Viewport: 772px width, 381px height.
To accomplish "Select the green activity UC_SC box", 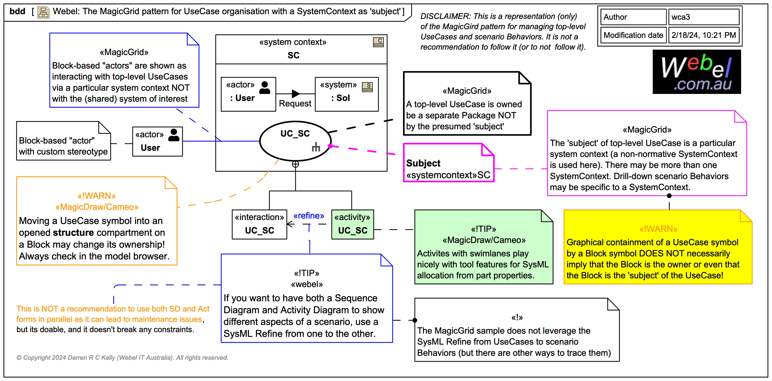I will coord(352,224).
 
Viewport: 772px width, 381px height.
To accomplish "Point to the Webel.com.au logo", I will coord(697,72).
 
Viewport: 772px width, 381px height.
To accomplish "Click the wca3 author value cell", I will coord(703,17).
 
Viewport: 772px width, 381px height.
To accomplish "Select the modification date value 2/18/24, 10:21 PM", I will coord(703,35).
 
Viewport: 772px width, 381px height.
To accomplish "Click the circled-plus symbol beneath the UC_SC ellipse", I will coord(295,164).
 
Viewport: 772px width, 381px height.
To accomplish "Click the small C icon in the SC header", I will coord(378,42).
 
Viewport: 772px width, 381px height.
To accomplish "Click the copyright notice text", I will coord(122,358).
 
